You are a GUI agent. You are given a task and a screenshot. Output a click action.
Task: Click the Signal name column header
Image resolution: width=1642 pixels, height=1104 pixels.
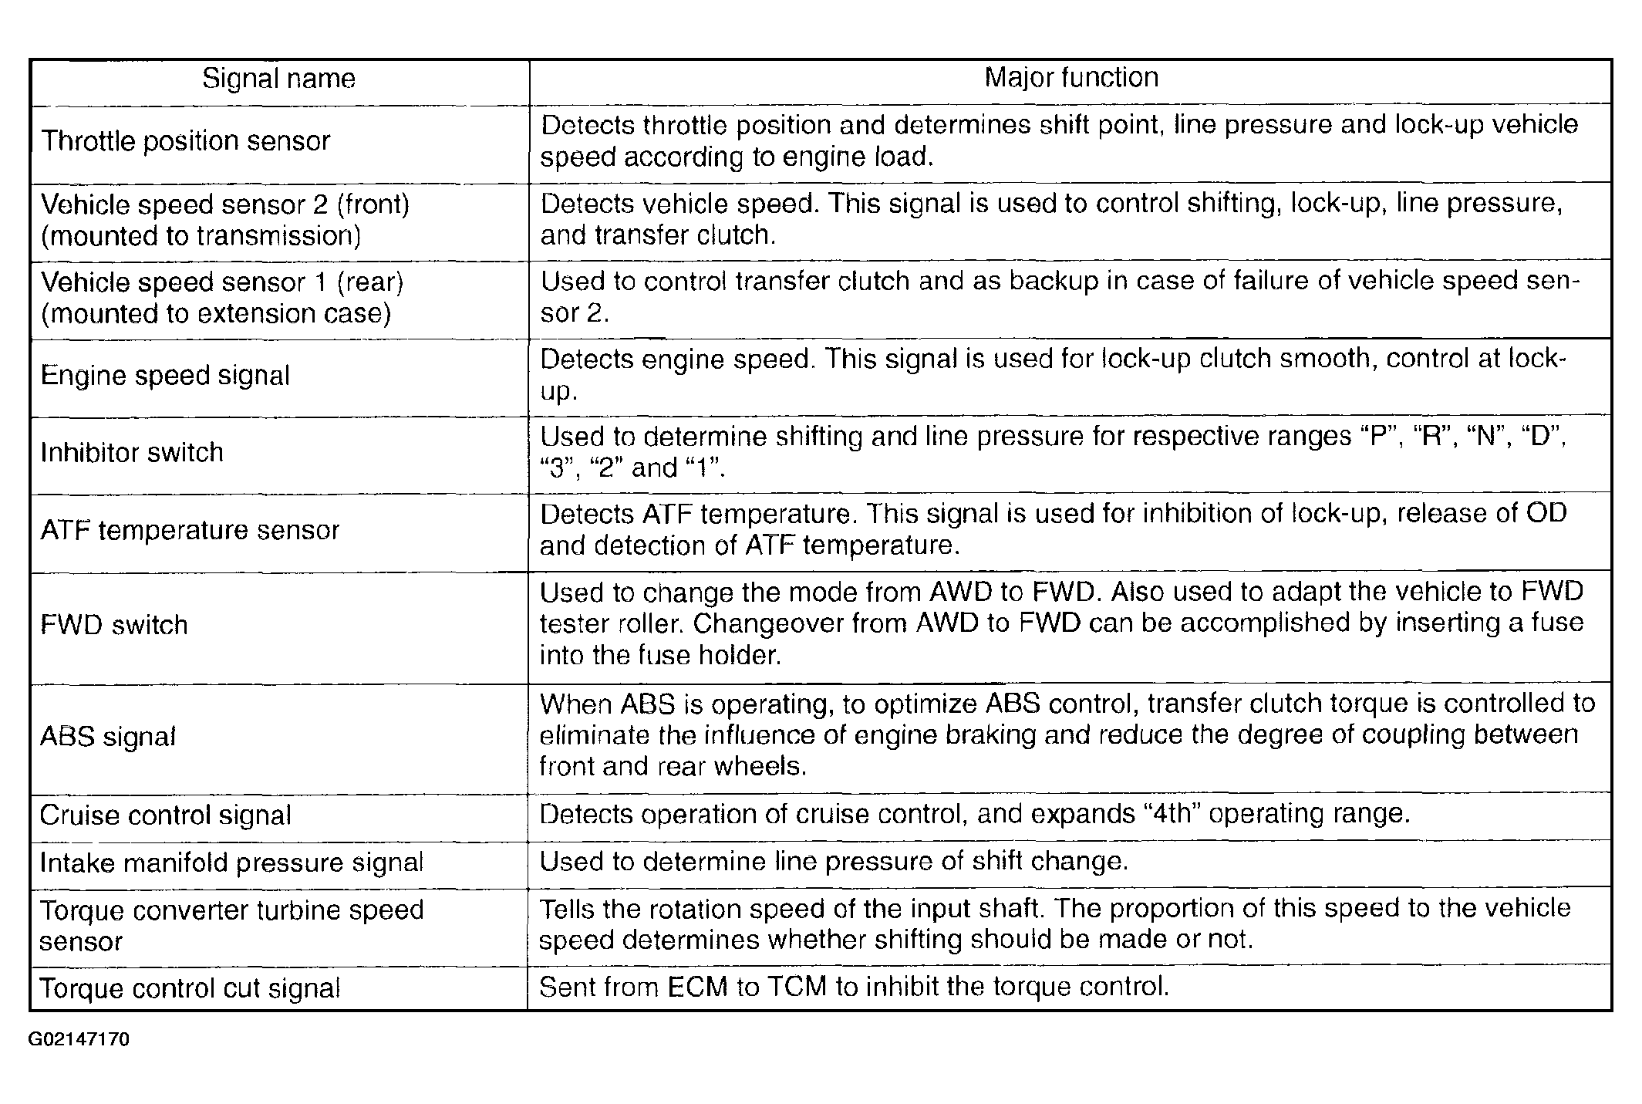tap(278, 79)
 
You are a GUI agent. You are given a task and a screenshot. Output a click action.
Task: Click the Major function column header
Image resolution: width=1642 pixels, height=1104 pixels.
tap(1071, 78)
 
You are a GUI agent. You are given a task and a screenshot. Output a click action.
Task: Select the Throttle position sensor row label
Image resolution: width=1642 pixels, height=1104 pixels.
tap(186, 141)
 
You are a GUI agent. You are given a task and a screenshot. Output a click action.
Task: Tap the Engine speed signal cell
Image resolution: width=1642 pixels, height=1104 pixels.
tap(165, 376)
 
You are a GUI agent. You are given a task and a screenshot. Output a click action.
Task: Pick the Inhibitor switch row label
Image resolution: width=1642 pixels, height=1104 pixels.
tap(132, 452)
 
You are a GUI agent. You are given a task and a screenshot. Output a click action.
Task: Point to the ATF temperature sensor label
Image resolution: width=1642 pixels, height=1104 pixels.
tap(190, 530)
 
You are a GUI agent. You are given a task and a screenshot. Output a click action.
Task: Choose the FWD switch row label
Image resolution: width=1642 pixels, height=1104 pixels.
tap(114, 624)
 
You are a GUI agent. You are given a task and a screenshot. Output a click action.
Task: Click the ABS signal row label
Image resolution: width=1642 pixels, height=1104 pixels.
tap(108, 737)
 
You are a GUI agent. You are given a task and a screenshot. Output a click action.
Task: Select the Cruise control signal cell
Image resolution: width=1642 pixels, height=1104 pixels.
tap(166, 815)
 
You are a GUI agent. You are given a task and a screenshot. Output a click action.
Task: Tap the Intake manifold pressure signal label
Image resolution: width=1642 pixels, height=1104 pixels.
tap(231, 863)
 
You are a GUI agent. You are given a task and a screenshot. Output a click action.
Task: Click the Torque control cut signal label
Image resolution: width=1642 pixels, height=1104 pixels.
tap(190, 988)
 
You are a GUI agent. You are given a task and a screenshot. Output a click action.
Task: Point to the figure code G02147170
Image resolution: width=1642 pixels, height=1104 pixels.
tap(79, 1040)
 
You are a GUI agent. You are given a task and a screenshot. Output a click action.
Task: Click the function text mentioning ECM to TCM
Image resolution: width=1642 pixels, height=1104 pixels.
tap(854, 988)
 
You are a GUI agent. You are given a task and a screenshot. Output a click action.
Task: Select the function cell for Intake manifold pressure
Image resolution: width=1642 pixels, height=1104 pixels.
tap(833, 862)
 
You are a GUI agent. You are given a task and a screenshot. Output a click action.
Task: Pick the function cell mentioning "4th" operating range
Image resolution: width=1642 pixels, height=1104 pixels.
tap(974, 815)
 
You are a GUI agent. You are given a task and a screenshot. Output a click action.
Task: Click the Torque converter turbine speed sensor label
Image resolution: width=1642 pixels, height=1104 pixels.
tap(231, 925)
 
